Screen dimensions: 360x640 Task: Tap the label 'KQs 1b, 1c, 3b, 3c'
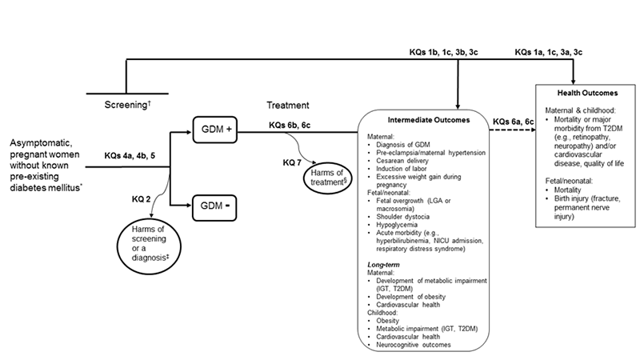click(443, 53)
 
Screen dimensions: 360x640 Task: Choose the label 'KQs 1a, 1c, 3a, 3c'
click(548, 53)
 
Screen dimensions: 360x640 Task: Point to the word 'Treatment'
click(287, 105)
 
